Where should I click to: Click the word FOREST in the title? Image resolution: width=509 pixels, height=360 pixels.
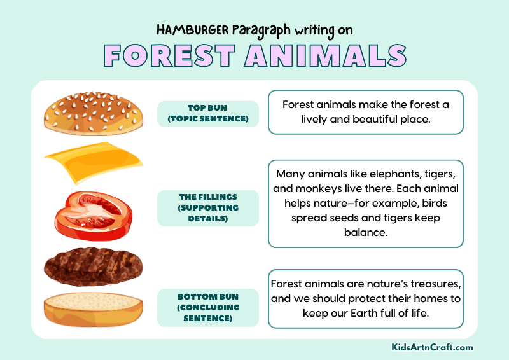coord(167,55)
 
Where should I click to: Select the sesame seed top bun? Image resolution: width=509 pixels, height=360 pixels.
coord(94,111)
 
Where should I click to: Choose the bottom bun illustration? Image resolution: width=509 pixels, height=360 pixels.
coord(93,308)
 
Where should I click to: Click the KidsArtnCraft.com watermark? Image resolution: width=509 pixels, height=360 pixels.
coord(432,347)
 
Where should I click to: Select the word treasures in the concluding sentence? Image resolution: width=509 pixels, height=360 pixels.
coord(430,284)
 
